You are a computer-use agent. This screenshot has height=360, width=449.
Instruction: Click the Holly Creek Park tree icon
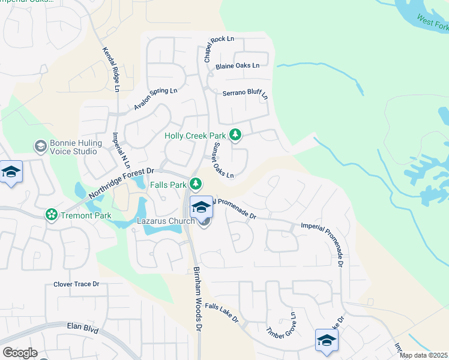(x=236, y=136)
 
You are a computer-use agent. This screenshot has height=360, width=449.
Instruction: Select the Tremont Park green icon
(x=52, y=214)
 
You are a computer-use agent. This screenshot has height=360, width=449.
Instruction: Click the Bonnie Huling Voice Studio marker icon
(x=41, y=146)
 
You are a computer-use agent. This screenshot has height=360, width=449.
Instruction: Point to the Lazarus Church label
(x=166, y=221)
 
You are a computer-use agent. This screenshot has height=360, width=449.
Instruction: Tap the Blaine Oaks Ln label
(x=238, y=66)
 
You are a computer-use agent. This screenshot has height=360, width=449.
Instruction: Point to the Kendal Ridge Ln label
(x=110, y=70)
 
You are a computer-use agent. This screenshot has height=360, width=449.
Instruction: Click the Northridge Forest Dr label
(x=122, y=183)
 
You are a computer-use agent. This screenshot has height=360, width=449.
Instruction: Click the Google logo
(x=20, y=353)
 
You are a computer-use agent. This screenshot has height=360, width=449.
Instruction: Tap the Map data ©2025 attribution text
(x=423, y=355)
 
